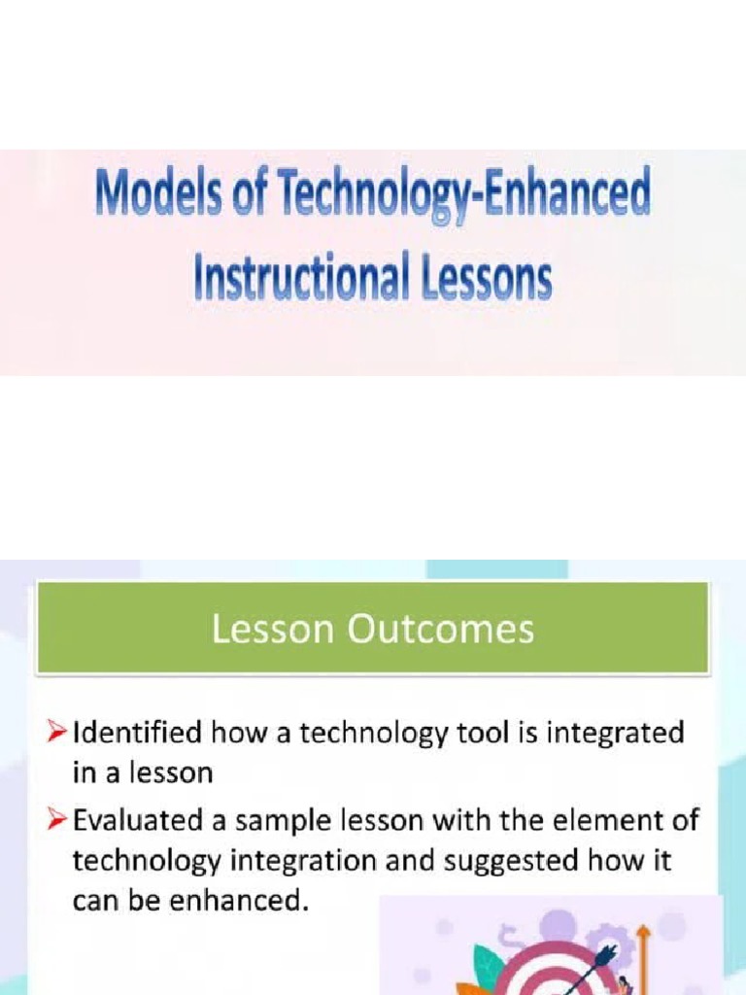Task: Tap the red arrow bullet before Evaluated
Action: click(60, 820)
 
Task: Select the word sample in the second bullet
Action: click(278, 821)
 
